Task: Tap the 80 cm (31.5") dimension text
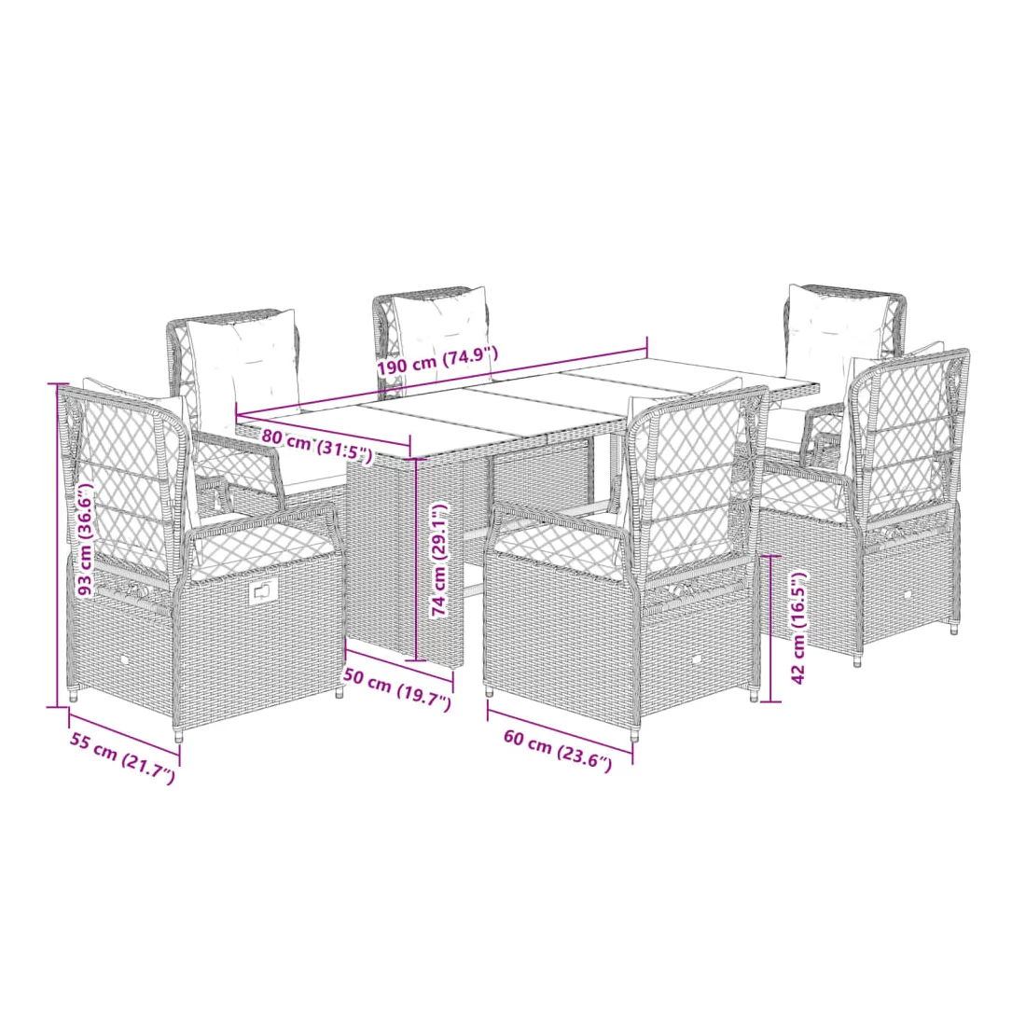coord(317,445)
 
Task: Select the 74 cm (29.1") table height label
coord(439,560)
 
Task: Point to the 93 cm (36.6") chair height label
coord(86,538)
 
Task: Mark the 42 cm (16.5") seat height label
coord(798,628)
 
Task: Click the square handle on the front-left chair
coord(261,591)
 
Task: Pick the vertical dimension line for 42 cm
coord(771,629)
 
